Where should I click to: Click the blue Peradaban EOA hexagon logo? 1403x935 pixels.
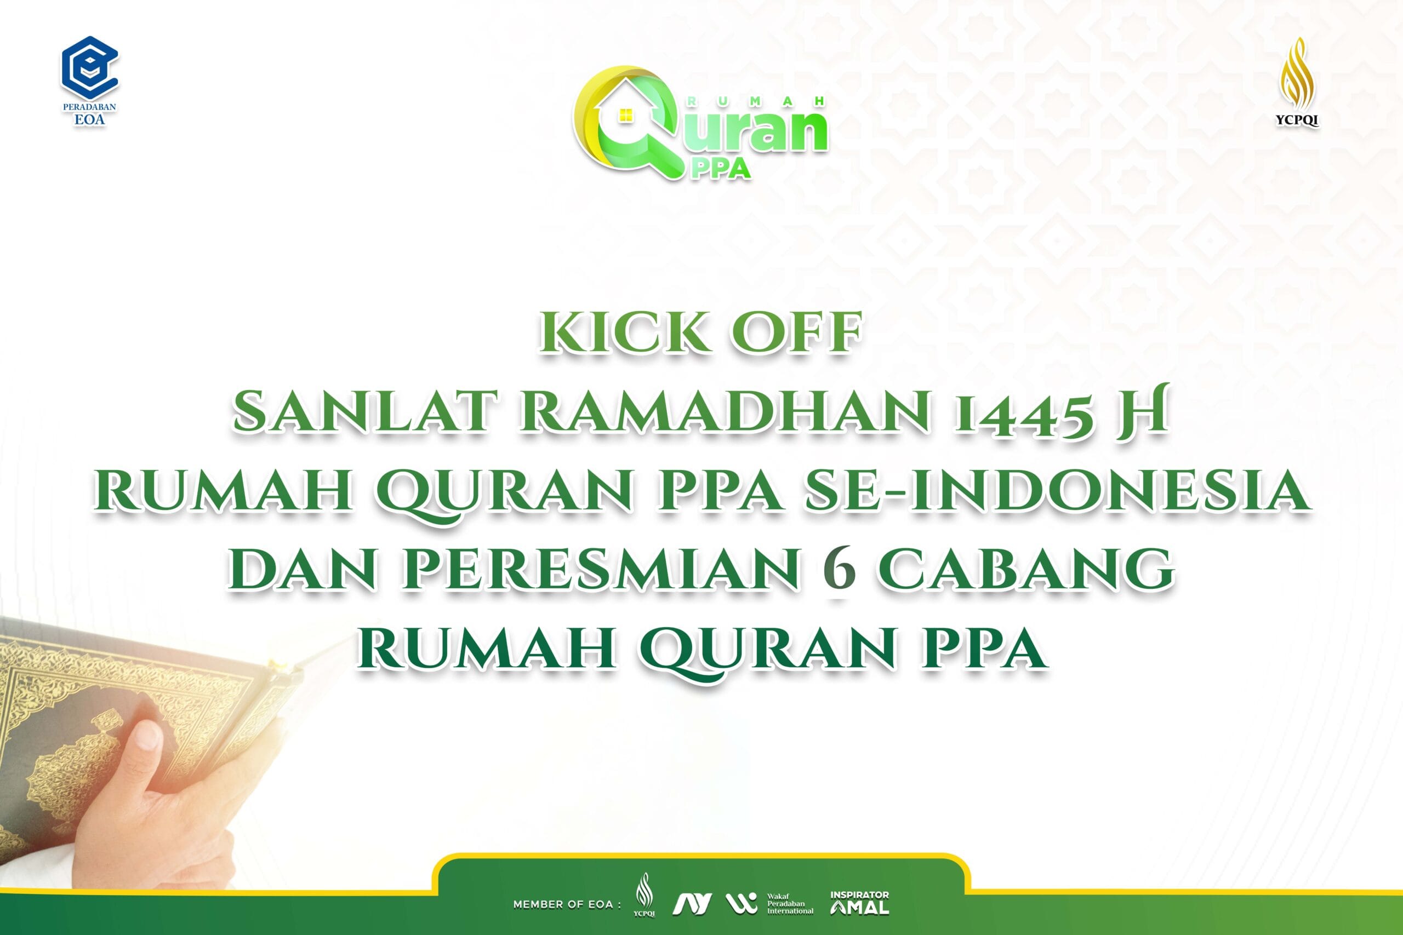tap(90, 68)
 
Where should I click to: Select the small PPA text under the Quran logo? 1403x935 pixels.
tap(720, 169)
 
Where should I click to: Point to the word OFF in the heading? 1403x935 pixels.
tap(798, 332)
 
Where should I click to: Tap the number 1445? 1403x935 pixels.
tap(1024, 415)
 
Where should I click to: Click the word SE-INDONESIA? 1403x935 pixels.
tap(1058, 490)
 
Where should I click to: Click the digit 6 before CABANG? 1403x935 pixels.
tap(839, 570)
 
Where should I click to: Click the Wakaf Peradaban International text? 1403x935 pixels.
tap(790, 904)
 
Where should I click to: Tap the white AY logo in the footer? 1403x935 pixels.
tap(692, 904)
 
